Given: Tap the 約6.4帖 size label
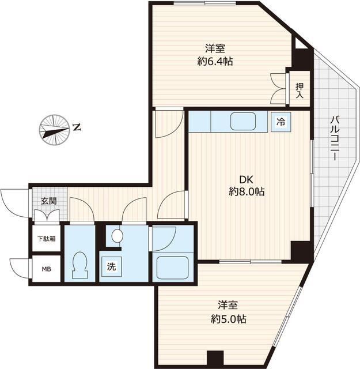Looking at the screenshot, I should [214, 60].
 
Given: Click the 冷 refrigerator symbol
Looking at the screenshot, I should [281, 122].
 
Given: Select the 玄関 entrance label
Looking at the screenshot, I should [48, 201].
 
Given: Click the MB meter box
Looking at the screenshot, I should [45, 268].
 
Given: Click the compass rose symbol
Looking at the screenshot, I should [53, 128].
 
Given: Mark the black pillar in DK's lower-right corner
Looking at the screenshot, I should [300, 250].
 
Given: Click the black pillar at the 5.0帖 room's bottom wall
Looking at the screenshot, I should [215, 358].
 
